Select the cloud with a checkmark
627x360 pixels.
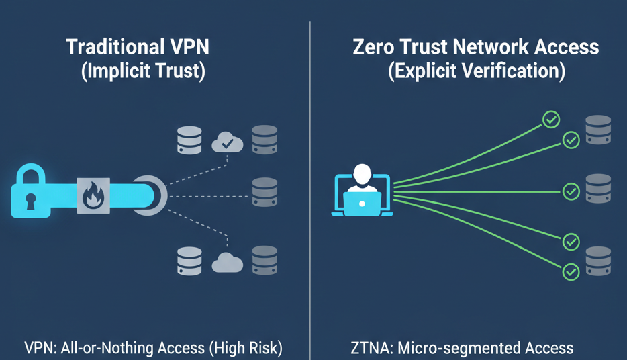228,141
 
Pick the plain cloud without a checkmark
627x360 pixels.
227,263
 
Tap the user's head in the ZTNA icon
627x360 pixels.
362,175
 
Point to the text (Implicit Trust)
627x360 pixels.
142,71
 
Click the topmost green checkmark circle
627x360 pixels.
551,120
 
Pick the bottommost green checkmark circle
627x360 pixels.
571,272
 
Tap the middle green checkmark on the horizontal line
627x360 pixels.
571,192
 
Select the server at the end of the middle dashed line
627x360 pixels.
264,192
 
